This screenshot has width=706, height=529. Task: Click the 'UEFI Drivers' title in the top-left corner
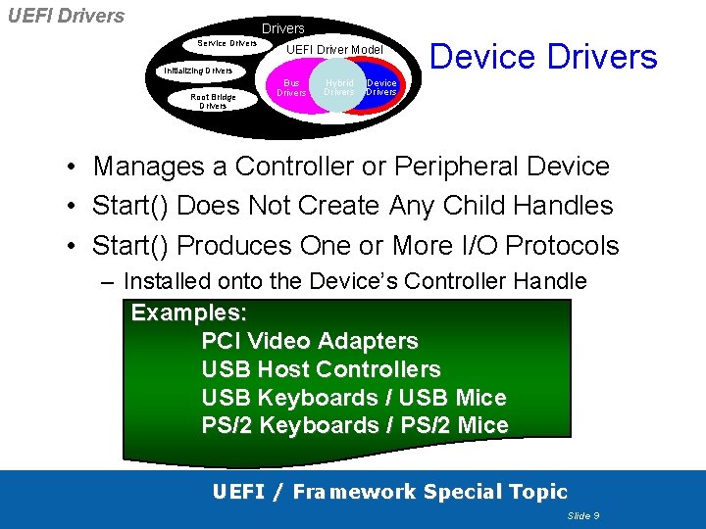click(66, 16)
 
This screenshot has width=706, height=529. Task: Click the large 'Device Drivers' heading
click(543, 56)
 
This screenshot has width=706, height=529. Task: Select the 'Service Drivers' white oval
click(227, 43)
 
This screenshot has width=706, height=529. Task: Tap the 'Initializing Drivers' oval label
click(198, 72)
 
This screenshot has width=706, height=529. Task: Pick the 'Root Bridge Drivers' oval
click(213, 101)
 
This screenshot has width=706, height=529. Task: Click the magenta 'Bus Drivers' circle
click(290, 88)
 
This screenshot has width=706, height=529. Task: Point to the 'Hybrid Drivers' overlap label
click(339, 88)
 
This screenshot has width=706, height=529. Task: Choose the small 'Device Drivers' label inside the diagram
click(381, 88)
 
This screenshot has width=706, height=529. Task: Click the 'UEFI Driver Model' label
click(334, 49)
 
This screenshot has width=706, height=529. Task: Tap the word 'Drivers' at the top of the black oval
click(282, 28)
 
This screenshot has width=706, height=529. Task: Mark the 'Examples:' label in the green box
click(189, 313)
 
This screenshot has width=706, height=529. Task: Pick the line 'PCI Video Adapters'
click(310, 341)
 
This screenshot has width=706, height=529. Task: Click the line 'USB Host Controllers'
click(321, 369)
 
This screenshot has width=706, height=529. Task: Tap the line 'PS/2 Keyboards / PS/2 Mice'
click(355, 425)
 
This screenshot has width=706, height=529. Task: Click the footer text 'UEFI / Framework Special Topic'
click(390, 492)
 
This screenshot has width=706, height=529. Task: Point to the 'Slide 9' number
click(583, 515)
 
